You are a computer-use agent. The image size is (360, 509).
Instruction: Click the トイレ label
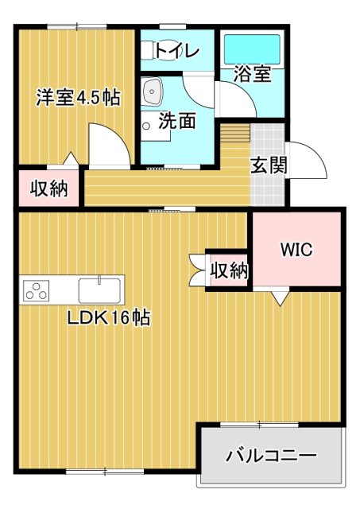176,51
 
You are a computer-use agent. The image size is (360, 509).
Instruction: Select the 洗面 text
176,122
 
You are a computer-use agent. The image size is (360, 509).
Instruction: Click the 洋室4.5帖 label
77,98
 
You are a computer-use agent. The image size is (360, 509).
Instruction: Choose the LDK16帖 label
109,318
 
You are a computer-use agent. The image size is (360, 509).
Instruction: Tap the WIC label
296,249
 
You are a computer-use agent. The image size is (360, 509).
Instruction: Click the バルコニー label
271,457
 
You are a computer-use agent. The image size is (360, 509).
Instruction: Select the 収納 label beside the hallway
48,189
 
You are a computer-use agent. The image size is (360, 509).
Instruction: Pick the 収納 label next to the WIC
229,270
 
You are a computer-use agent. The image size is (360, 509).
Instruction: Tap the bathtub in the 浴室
252,50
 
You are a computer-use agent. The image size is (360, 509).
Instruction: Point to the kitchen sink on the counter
100,286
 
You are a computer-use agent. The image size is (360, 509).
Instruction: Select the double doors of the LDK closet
197,270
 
